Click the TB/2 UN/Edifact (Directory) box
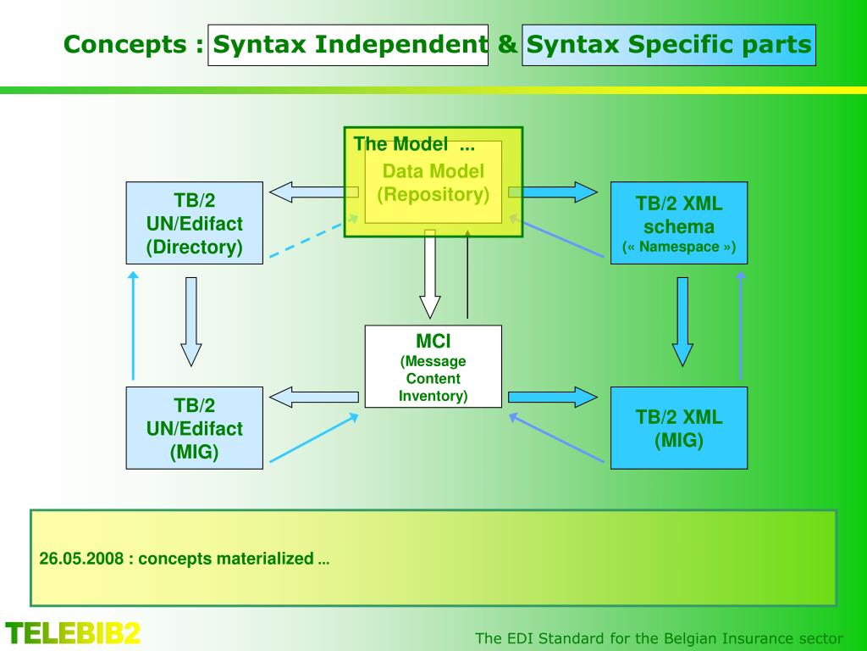[194, 223]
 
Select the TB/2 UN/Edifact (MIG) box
[194, 428]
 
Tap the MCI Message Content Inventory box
[433, 366]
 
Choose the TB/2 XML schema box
[679, 223]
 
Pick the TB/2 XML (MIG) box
[679, 428]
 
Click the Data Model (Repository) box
[433, 182]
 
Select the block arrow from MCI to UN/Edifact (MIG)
[313, 397]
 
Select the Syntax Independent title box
[348, 45]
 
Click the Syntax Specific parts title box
[668, 45]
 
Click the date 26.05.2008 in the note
[81, 559]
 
